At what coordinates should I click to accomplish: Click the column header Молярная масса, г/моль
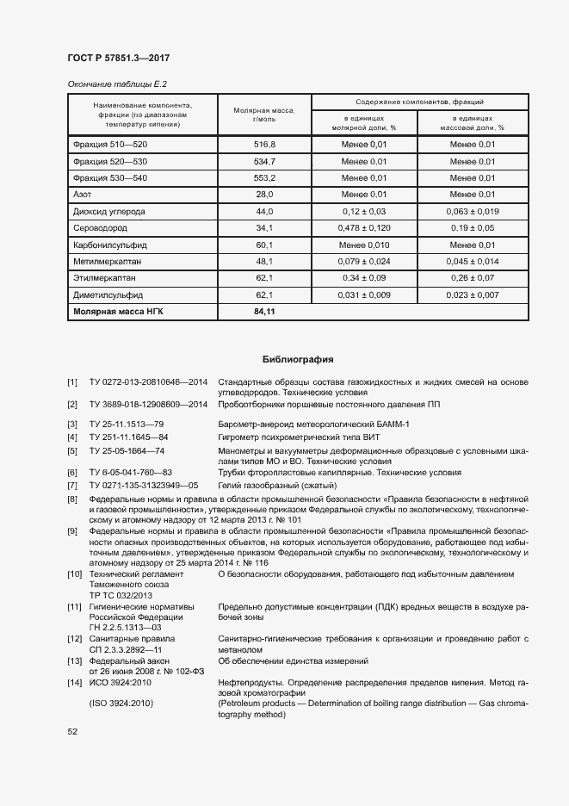[264, 115]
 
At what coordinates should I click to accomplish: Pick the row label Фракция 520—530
[111, 161]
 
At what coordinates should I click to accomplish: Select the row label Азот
[83, 195]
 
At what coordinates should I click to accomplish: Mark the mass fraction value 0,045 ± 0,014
[473, 262]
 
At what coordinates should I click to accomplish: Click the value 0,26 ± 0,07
[473, 279]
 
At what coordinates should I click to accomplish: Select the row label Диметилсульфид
[107, 295]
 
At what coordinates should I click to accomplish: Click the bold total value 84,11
[264, 313]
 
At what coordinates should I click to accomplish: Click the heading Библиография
[298, 359]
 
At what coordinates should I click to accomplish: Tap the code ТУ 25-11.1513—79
[127, 424]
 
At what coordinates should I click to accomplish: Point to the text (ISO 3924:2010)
[121, 704]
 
